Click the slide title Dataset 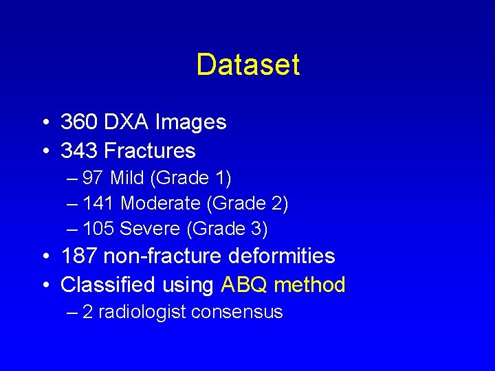247,65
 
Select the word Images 190,122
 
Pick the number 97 93,179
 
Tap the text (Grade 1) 192,179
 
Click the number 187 78,256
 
